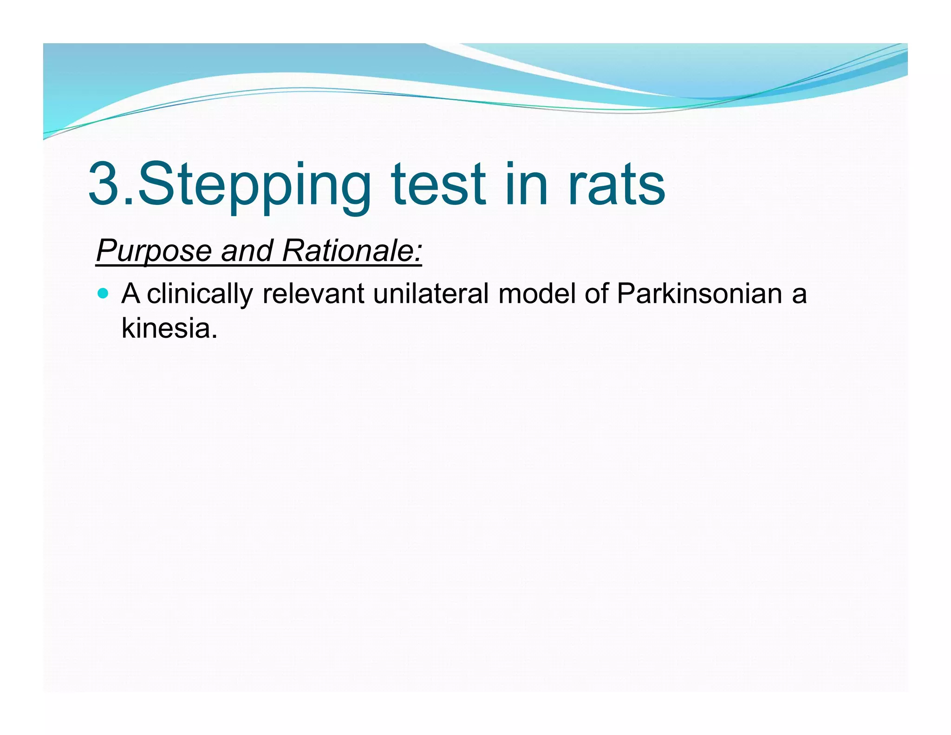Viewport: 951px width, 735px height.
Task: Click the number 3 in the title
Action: pyautogui.click(x=105, y=184)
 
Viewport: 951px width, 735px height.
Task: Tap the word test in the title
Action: pyautogui.click(x=438, y=184)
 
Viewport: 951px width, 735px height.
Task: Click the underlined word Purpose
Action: pyautogui.click(x=154, y=251)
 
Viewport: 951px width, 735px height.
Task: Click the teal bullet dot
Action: pyautogui.click(x=104, y=294)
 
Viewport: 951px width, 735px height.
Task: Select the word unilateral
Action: pyautogui.click(x=430, y=294)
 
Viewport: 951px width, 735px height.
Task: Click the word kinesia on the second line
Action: pyautogui.click(x=166, y=328)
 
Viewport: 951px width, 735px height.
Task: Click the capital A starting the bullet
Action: pyautogui.click(x=130, y=294)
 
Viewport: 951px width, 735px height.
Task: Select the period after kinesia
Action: pyautogui.click(x=214, y=336)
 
